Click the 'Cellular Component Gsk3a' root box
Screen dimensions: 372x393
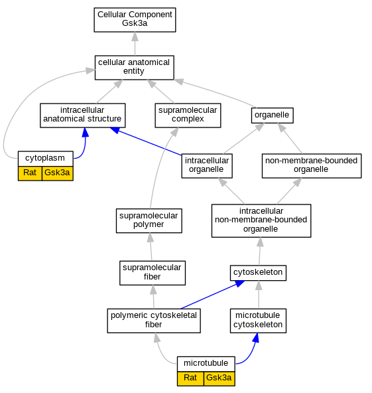(135, 20)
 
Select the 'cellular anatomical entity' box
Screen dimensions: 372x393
(134, 68)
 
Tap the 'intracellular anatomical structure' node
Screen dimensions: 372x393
(83, 116)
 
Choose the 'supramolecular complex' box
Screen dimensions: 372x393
(188, 116)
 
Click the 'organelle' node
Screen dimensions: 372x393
(272, 116)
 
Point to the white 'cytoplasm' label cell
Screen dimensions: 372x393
(46, 159)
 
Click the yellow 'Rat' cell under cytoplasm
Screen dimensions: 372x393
(30, 173)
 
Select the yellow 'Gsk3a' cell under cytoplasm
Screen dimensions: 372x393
(58, 173)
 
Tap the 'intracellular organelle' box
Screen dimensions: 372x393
(207, 166)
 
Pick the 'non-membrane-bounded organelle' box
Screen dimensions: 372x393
(312, 166)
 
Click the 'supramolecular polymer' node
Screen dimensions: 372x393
(149, 220)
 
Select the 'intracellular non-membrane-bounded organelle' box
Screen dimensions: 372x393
(261, 220)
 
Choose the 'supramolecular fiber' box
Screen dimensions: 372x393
(153, 273)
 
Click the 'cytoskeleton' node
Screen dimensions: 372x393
(258, 273)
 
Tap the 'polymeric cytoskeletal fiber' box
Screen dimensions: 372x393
(154, 321)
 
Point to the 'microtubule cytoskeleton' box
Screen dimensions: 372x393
(258, 321)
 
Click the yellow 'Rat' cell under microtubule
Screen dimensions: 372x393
(190, 378)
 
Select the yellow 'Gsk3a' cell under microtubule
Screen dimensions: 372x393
(219, 378)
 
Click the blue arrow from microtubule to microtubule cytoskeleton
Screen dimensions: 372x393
(251, 354)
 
